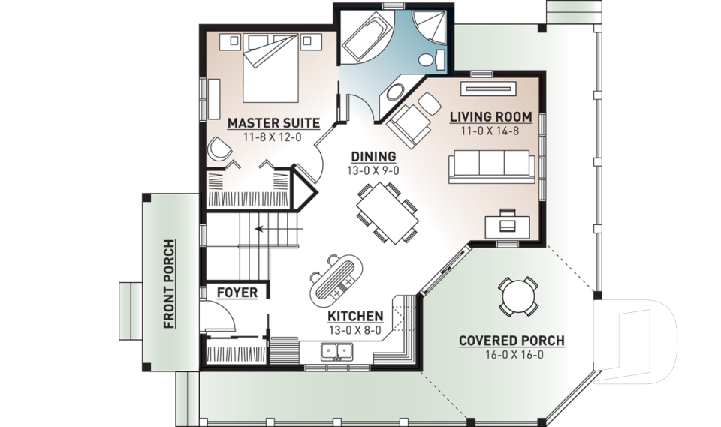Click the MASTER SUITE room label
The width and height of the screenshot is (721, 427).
tap(273, 123)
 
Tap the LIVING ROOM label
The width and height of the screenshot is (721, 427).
tap(490, 117)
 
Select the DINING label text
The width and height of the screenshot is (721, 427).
tap(373, 157)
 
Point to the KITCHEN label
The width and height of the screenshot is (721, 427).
tap(355, 316)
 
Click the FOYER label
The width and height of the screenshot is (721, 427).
tap(237, 293)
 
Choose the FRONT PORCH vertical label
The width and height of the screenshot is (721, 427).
tap(169, 284)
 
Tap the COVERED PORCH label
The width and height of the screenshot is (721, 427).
tap(511, 341)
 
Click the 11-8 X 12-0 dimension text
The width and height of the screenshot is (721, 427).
tap(273, 137)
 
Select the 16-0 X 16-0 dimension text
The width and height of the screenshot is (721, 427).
tap(514, 355)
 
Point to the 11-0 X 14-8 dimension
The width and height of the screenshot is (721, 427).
tap(490, 131)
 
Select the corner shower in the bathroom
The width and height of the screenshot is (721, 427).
tap(429, 28)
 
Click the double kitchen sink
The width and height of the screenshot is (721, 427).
tap(336, 352)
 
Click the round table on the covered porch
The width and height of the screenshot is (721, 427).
tap(517, 296)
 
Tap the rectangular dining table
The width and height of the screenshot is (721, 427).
tap(388, 213)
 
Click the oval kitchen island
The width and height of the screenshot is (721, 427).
tap(336, 281)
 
